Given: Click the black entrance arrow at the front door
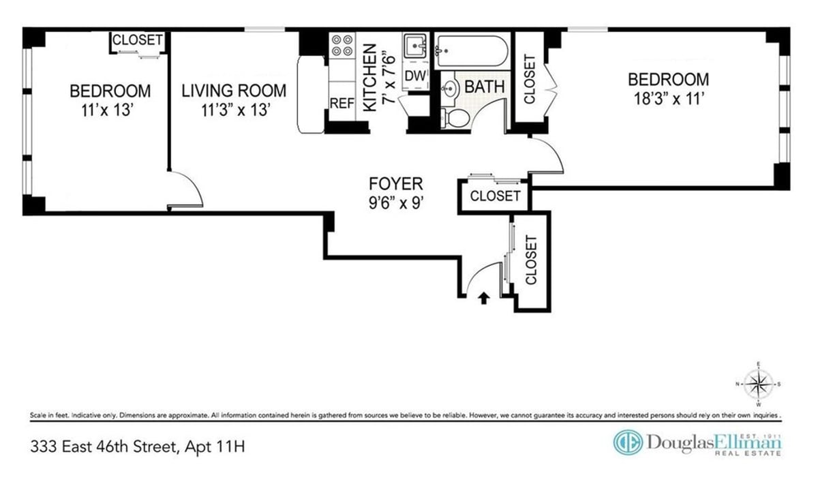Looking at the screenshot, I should point(484,297).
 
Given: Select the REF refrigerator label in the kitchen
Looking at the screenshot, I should point(342,104).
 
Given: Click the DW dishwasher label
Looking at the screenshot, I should point(414,76).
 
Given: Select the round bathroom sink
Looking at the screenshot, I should point(450,87).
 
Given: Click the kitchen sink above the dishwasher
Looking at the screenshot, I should point(414,46).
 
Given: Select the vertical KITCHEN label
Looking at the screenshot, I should point(369,78).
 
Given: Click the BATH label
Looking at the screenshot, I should point(485,87).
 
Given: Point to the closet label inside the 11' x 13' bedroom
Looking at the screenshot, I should point(138,40).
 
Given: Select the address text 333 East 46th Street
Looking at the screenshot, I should point(137,447).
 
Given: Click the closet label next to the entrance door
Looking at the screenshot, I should point(531,260).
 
